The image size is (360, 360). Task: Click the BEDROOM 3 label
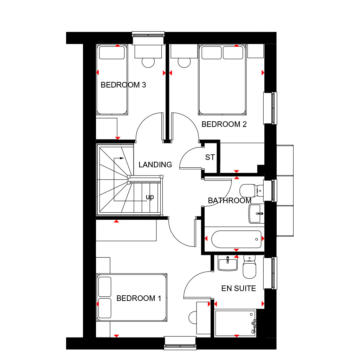pyautogui.click(x=123, y=85)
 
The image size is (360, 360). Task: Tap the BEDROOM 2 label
pyautogui.click(x=224, y=124)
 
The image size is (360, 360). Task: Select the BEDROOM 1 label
pyautogui.click(x=139, y=298)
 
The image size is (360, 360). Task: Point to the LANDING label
pyautogui.click(x=155, y=165)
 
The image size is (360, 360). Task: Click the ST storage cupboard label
pyautogui.click(x=210, y=157)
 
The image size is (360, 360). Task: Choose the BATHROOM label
pyautogui.click(x=229, y=201)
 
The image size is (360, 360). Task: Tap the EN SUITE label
pyautogui.click(x=238, y=289)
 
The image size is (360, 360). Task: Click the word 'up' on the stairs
pyautogui.click(x=150, y=197)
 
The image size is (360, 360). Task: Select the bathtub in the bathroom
pyautogui.click(x=236, y=239)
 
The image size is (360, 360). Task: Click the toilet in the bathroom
pyautogui.click(x=251, y=191)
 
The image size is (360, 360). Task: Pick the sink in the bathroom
pyautogui.click(x=256, y=214)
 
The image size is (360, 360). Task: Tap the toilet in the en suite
pyautogui.click(x=249, y=266)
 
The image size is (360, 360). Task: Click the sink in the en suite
pyautogui.click(x=227, y=263)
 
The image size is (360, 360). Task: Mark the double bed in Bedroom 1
pyautogui.click(x=132, y=297)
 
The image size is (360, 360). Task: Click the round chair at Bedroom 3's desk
pyautogui.click(x=148, y=62)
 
